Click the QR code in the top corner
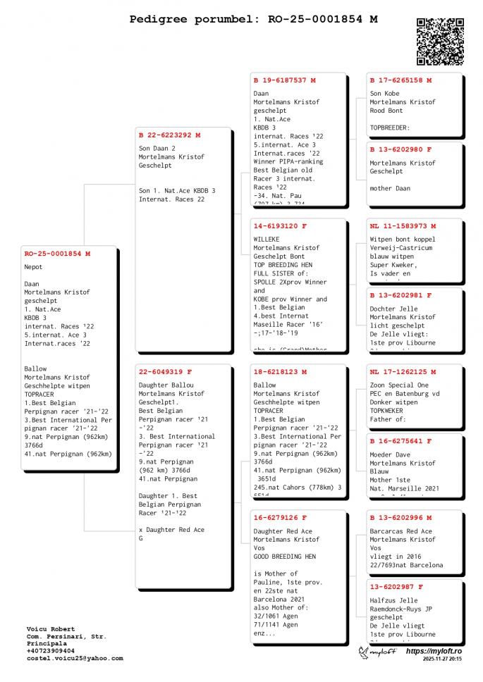click(440, 42)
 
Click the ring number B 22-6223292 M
click(169, 135)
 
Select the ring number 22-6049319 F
click(165, 371)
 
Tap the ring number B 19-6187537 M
click(284, 80)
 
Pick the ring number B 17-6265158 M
click(401, 80)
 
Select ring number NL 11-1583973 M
click(403, 226)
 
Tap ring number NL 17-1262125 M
click(403, 371)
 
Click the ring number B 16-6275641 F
click(401, 441)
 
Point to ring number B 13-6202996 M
click(401, 517)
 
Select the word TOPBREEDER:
click(390, 128)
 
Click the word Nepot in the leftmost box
click(33, 267)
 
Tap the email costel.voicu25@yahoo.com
click(74, 659)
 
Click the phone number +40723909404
click(51, 651)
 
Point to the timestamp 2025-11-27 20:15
click(442, 659)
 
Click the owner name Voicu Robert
click(51, 628)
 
